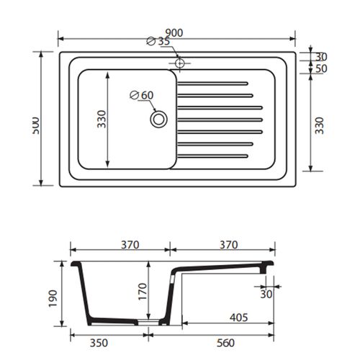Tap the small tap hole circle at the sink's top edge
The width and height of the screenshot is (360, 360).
coord(179,63)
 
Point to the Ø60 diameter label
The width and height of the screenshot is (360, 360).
coord(143,95)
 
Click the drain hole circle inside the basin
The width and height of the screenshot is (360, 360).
coord(158,119)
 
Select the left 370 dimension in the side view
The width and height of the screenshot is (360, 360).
coord(129,245)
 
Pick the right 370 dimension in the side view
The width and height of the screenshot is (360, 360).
coord(228,245)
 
